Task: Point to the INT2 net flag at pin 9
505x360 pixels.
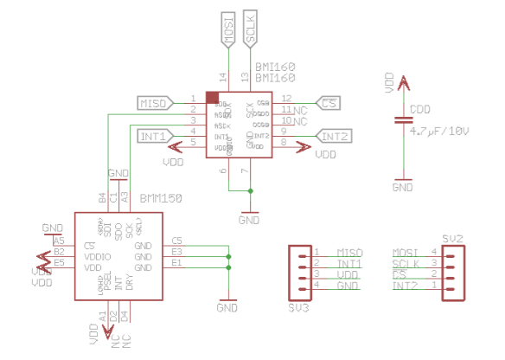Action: (x=334, y=136)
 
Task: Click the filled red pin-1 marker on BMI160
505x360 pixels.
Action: (x=211, y=98)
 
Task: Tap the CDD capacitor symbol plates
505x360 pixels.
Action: (x=402, y=120)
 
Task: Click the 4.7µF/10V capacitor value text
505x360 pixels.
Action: (x=439, y=132)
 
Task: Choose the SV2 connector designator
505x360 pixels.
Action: (x=452, y=237)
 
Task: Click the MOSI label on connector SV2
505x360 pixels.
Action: (x=406, y=252)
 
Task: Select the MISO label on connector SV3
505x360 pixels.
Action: (x=348, y=252)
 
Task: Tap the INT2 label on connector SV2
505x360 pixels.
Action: (x=404, y=286)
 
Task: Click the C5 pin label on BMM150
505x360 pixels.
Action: (x=176, y=241)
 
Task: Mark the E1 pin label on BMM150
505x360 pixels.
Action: (x=176, y=263)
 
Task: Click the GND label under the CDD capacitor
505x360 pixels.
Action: (x=402, y=186)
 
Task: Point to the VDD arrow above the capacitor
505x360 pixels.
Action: (x=402, y=83)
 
